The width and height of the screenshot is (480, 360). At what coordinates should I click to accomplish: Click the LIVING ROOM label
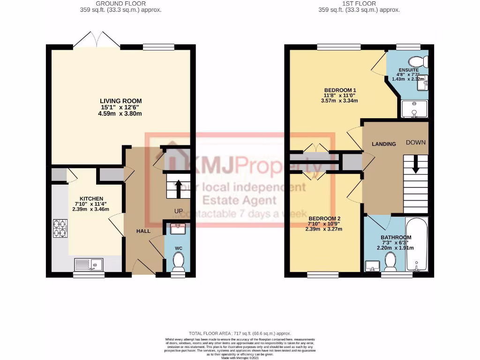[120, 101]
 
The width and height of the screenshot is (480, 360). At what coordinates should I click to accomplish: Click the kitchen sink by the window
[89, 265]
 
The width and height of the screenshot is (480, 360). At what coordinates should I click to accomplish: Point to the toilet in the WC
[178, 262]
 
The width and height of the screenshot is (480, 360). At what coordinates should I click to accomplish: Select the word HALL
[143, 232]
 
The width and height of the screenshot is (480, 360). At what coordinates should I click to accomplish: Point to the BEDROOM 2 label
[324, 218]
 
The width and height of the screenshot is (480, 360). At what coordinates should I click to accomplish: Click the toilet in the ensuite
[416, 61]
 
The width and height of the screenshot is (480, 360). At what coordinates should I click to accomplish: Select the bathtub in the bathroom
[417, 245]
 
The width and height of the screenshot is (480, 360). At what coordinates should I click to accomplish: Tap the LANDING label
[384, 144]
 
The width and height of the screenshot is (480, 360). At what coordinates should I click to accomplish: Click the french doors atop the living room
[97, 39]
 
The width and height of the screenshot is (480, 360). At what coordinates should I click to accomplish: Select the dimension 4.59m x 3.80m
[120, 113]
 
